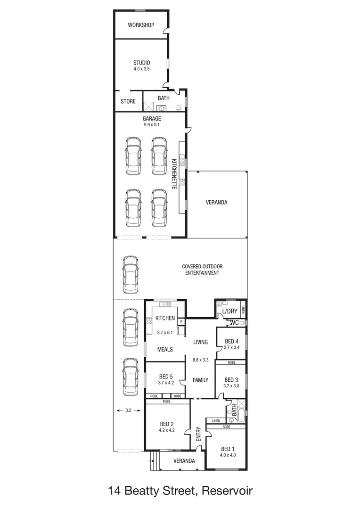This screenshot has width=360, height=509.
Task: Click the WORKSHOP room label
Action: click(141, 25)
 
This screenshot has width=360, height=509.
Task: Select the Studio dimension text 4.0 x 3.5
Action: click(141, 69)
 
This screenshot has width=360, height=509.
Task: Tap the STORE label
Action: click(128, 101)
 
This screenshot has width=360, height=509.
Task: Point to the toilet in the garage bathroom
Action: click(179, 107)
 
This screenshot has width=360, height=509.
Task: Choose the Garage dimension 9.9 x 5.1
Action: click(152, 125)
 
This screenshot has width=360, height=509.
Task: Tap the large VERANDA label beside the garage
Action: click(216, 202)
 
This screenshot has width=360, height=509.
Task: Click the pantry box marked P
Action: click(180, 321)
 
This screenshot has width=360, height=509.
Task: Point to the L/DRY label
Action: click(229, 312)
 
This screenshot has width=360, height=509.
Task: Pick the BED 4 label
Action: click(231, 342)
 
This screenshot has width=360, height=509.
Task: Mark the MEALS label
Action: click(165, 349)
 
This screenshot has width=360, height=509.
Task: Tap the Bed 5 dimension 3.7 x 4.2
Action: click(166, 383)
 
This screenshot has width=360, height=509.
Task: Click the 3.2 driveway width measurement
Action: click(128, 410)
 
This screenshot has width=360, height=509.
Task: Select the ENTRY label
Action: click(198, 434)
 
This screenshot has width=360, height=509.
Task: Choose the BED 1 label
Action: click(227, 449)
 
